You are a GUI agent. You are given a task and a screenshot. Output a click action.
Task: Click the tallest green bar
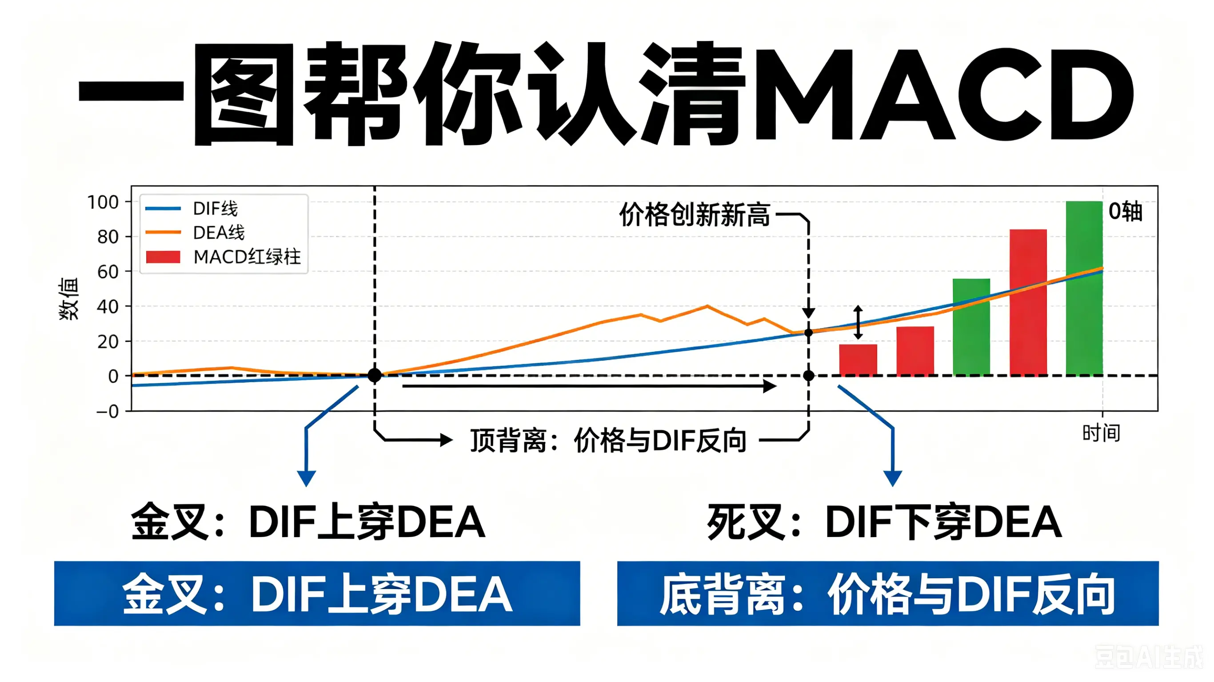click(1084, 288)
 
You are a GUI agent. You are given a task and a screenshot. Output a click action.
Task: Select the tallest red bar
click(1028, 302)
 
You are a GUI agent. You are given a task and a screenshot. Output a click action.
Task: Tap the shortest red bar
click(858, 360)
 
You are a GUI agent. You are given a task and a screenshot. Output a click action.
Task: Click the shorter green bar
click(971, 327)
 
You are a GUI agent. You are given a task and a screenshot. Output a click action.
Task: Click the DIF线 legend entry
click(192, 208)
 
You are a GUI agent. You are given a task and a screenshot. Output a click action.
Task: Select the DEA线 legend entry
click(195, 232)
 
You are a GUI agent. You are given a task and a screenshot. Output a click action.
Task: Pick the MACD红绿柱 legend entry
click(223, 257)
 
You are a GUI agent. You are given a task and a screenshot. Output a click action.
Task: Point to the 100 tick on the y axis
click(103, 202)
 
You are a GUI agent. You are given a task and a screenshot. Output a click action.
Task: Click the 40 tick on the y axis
click(108, 307)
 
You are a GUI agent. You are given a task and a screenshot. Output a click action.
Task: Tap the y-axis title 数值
click(69, 299)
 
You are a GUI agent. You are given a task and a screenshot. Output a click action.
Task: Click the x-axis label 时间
click(1101, 433)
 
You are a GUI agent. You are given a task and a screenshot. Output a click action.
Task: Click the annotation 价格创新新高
click(694, 215)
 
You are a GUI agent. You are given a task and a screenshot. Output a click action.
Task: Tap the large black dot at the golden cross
click(374, 375)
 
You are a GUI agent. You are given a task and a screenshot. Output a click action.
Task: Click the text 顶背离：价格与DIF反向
click(608, 441)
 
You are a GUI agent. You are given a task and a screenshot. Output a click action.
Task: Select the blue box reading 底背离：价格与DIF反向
click(888, 594)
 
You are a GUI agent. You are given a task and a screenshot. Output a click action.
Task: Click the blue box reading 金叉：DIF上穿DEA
click(317, 594)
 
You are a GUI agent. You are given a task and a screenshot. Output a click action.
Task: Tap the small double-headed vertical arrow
click(858, 322)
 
